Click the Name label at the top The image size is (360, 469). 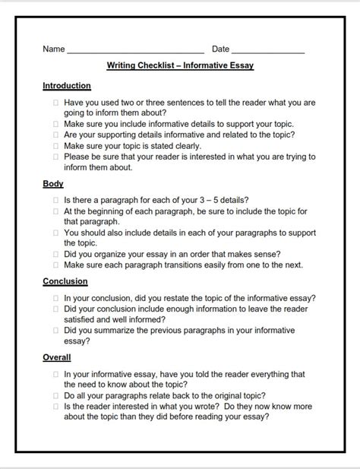(x=53, y=49)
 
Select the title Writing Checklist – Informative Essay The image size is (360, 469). (x=180, y=66)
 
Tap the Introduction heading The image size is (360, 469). (x=67, y=86)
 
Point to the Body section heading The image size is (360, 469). (x=53, y=184)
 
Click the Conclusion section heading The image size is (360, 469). (x=65, y=281)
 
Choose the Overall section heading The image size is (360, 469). (x=57, y=357)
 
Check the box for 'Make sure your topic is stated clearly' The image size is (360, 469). (x=56, y=146)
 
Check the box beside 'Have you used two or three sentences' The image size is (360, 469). (x=56, y=102)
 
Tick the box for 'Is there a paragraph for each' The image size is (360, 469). (x=56, y=200)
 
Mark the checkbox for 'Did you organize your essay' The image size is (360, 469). (x=56, y=255)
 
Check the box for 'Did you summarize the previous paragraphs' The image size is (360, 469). (x=56, y=331)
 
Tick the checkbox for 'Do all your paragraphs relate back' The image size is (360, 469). (x=56, y=396)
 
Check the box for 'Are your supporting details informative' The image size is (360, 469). (x=56, y=135)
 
